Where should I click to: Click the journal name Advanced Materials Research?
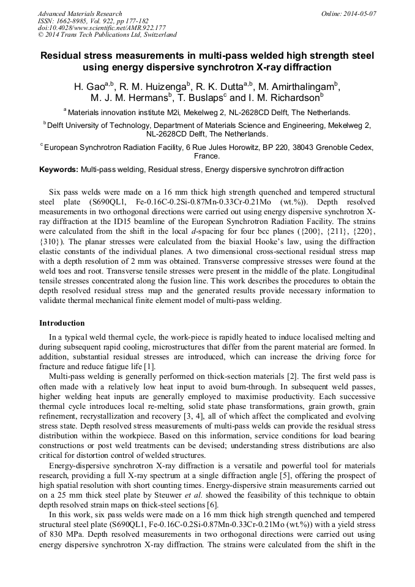point(80,13)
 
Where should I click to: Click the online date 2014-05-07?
point(358,13)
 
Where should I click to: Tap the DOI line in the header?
point(102,28)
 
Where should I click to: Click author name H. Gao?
point(88,86)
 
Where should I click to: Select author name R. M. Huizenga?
point(153,86)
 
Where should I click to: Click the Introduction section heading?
point(62,323)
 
